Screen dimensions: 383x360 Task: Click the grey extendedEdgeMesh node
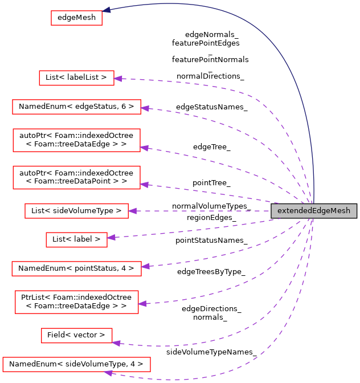click(314, 211)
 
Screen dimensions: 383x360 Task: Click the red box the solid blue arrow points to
click(76, 18)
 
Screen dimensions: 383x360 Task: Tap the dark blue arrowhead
click(107, 10)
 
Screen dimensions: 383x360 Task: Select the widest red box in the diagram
click(76, 365)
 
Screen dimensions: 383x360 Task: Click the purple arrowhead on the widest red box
click(108, 373)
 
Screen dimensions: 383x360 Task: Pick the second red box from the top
click(76, 78)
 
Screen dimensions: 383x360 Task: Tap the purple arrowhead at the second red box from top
click(118, 79)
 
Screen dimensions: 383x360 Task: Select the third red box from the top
click(76, 107)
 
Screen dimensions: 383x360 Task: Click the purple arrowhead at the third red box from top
click(145, 108)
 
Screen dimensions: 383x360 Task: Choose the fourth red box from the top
click(76, 140)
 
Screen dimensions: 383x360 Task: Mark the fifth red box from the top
click(76, 177)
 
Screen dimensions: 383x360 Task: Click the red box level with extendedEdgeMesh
click(76, 211)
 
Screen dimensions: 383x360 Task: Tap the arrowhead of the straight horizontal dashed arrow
click(132, 211)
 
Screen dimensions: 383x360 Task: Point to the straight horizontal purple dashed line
click(199, 211)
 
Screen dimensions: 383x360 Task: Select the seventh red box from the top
click(76, 240)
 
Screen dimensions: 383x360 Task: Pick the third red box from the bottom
click(76, 302)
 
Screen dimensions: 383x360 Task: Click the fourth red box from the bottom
click(76, 269)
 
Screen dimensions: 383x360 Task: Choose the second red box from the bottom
click(76, 336)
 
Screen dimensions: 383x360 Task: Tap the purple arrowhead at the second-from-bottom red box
click(116, 343)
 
